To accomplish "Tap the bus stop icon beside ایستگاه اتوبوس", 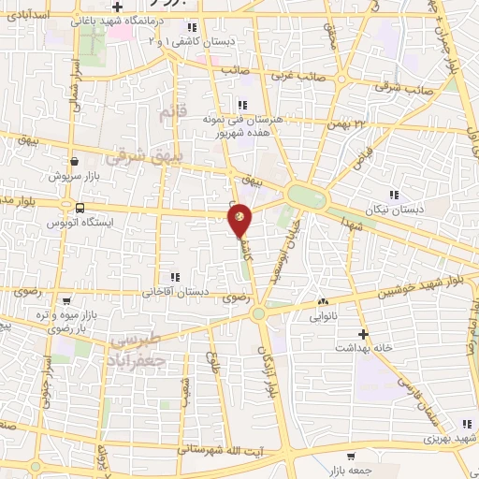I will [x=80, y=208].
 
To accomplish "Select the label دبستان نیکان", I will [x=396, y=210].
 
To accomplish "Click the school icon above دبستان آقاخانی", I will [x=174, y=277].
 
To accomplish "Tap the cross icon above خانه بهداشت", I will [x=364, y=333].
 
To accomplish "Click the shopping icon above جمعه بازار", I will [x=351, y=457].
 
